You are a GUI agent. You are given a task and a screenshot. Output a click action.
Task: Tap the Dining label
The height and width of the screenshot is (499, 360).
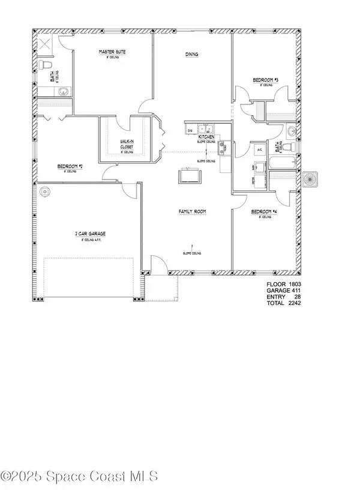click(x=191, y=55)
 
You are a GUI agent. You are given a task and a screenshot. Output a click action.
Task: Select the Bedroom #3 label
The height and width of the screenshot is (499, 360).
click(x=265, y=80)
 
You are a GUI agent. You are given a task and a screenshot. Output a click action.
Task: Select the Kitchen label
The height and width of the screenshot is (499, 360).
click(x=206, y=138)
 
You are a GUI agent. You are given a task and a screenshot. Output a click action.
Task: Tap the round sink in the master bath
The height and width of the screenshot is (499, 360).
click(x=62, y=91)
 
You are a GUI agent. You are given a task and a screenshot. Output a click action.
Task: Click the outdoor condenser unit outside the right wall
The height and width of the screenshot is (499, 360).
click(x=313, y=180)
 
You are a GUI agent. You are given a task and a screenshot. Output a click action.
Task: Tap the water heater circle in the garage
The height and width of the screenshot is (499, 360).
click(x=44, y=192)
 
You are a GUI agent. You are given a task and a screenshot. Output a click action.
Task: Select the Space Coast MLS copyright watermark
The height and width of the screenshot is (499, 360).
click(x=80, y=477)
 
